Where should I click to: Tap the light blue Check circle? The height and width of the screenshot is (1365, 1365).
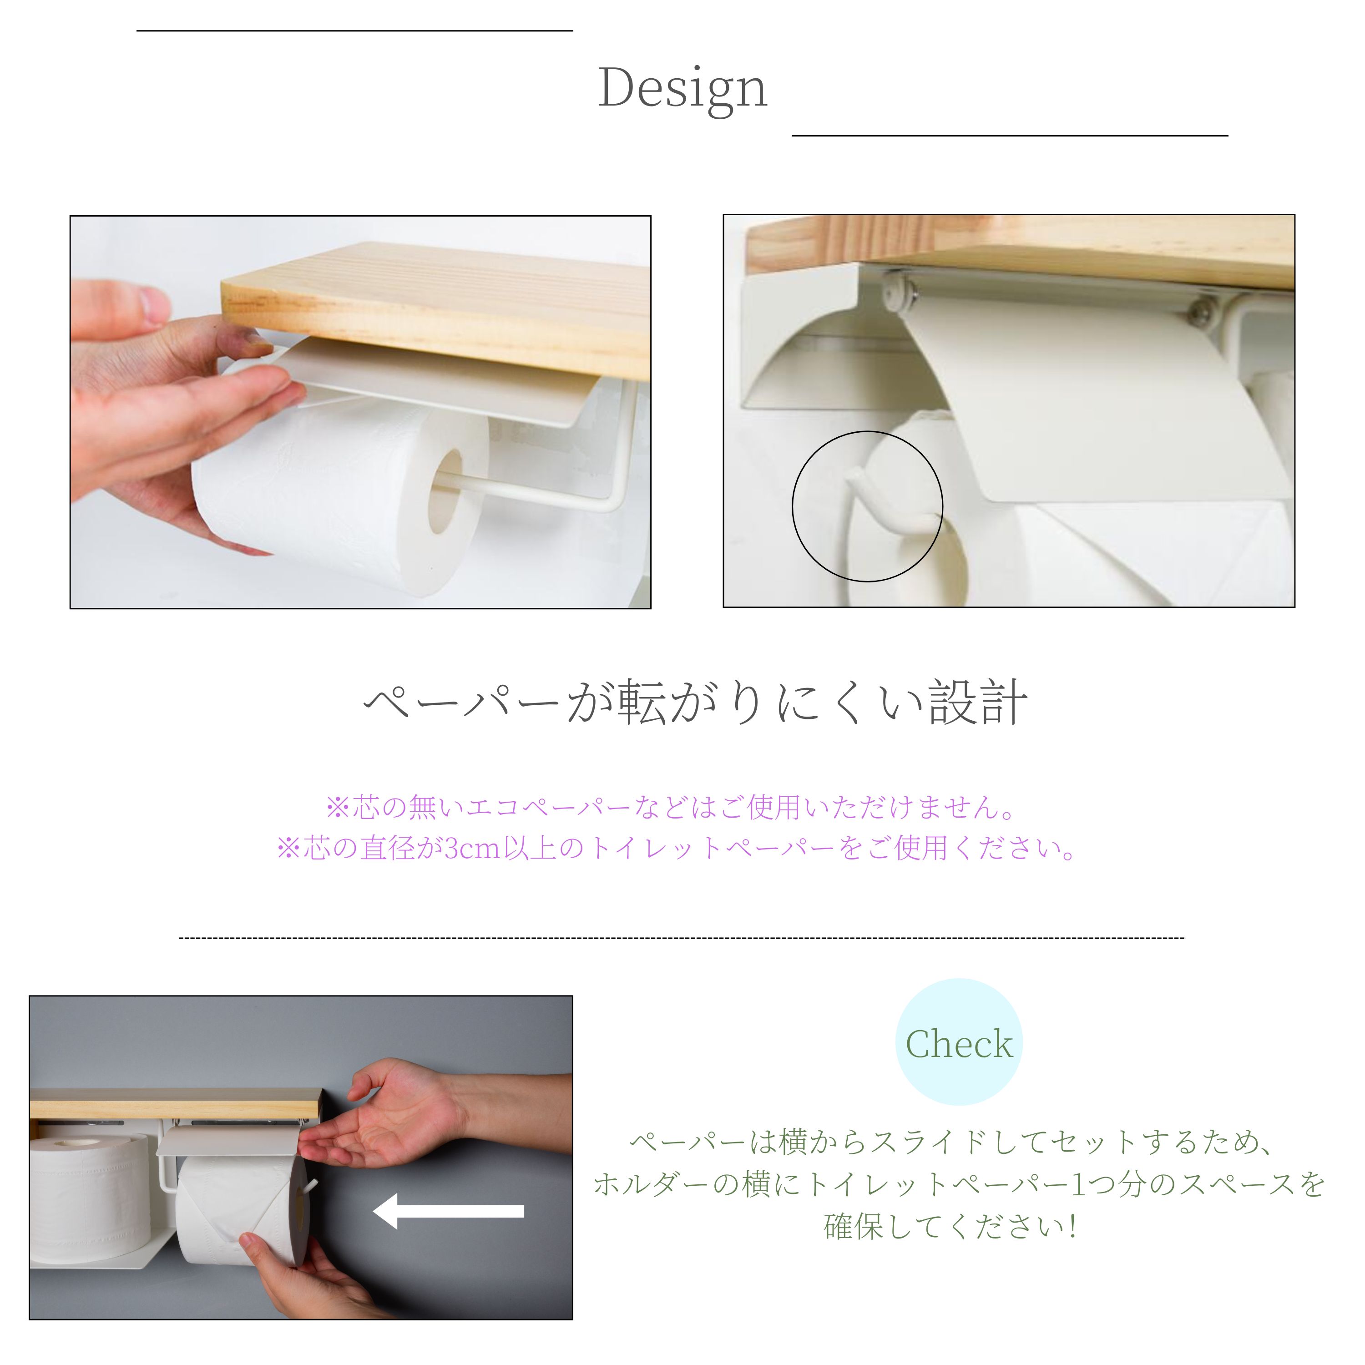(959, 1042)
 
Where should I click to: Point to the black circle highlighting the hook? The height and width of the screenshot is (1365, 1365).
(793, 506)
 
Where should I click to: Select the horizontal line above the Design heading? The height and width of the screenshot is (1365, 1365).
(355, 31)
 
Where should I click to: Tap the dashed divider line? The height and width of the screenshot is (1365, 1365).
(682, 938)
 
